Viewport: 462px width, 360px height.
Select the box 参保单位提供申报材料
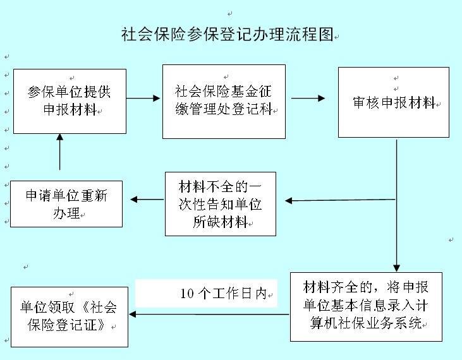[69, 101]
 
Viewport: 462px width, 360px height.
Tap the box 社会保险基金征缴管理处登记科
[224, 101]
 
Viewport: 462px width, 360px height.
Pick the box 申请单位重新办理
[66, 204]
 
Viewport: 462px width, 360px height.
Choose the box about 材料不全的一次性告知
[221, 204]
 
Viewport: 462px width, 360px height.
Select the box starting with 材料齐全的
[366, 306]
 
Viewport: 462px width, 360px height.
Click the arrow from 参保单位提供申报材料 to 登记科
[144, 98]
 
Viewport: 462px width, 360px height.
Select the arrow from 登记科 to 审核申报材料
[308, 98]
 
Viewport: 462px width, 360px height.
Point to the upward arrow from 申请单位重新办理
[59, 152]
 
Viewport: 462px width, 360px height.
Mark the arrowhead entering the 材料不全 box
[289, 201]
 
